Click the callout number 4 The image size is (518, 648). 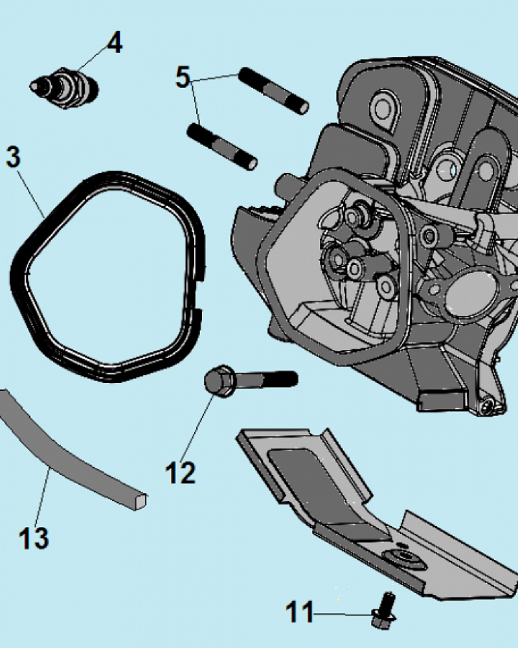pos(114,43)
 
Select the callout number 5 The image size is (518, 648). pos(183,77)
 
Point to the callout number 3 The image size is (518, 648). pos(14,157)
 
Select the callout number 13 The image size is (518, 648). pos(33,537)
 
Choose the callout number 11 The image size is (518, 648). pos(300,611)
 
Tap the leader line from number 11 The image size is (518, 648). pos(343,612)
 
